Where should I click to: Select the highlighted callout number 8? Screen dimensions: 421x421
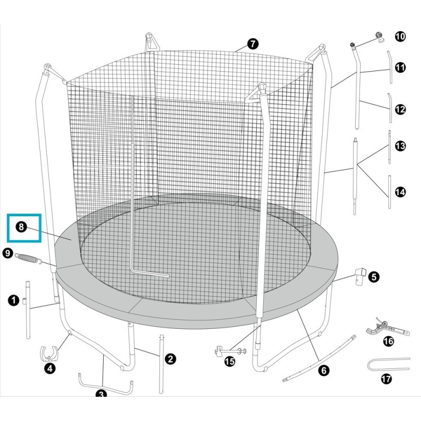[21, 227]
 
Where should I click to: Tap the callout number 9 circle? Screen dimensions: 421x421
[7, 253]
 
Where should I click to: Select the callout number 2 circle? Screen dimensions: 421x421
[170, 359]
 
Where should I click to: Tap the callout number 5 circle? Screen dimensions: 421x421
[373, 276]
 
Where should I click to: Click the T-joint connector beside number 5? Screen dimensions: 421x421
[360, 275]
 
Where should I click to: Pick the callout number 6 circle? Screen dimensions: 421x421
[324, 370]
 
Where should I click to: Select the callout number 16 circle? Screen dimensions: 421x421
[388, 342]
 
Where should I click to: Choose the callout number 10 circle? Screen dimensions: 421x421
[400, 36]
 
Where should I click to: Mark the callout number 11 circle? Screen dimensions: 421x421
[400, 67]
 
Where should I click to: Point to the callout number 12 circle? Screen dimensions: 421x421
[400, 109]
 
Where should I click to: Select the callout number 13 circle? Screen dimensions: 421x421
[400, 146]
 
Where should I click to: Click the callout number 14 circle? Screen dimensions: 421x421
[400, 192]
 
